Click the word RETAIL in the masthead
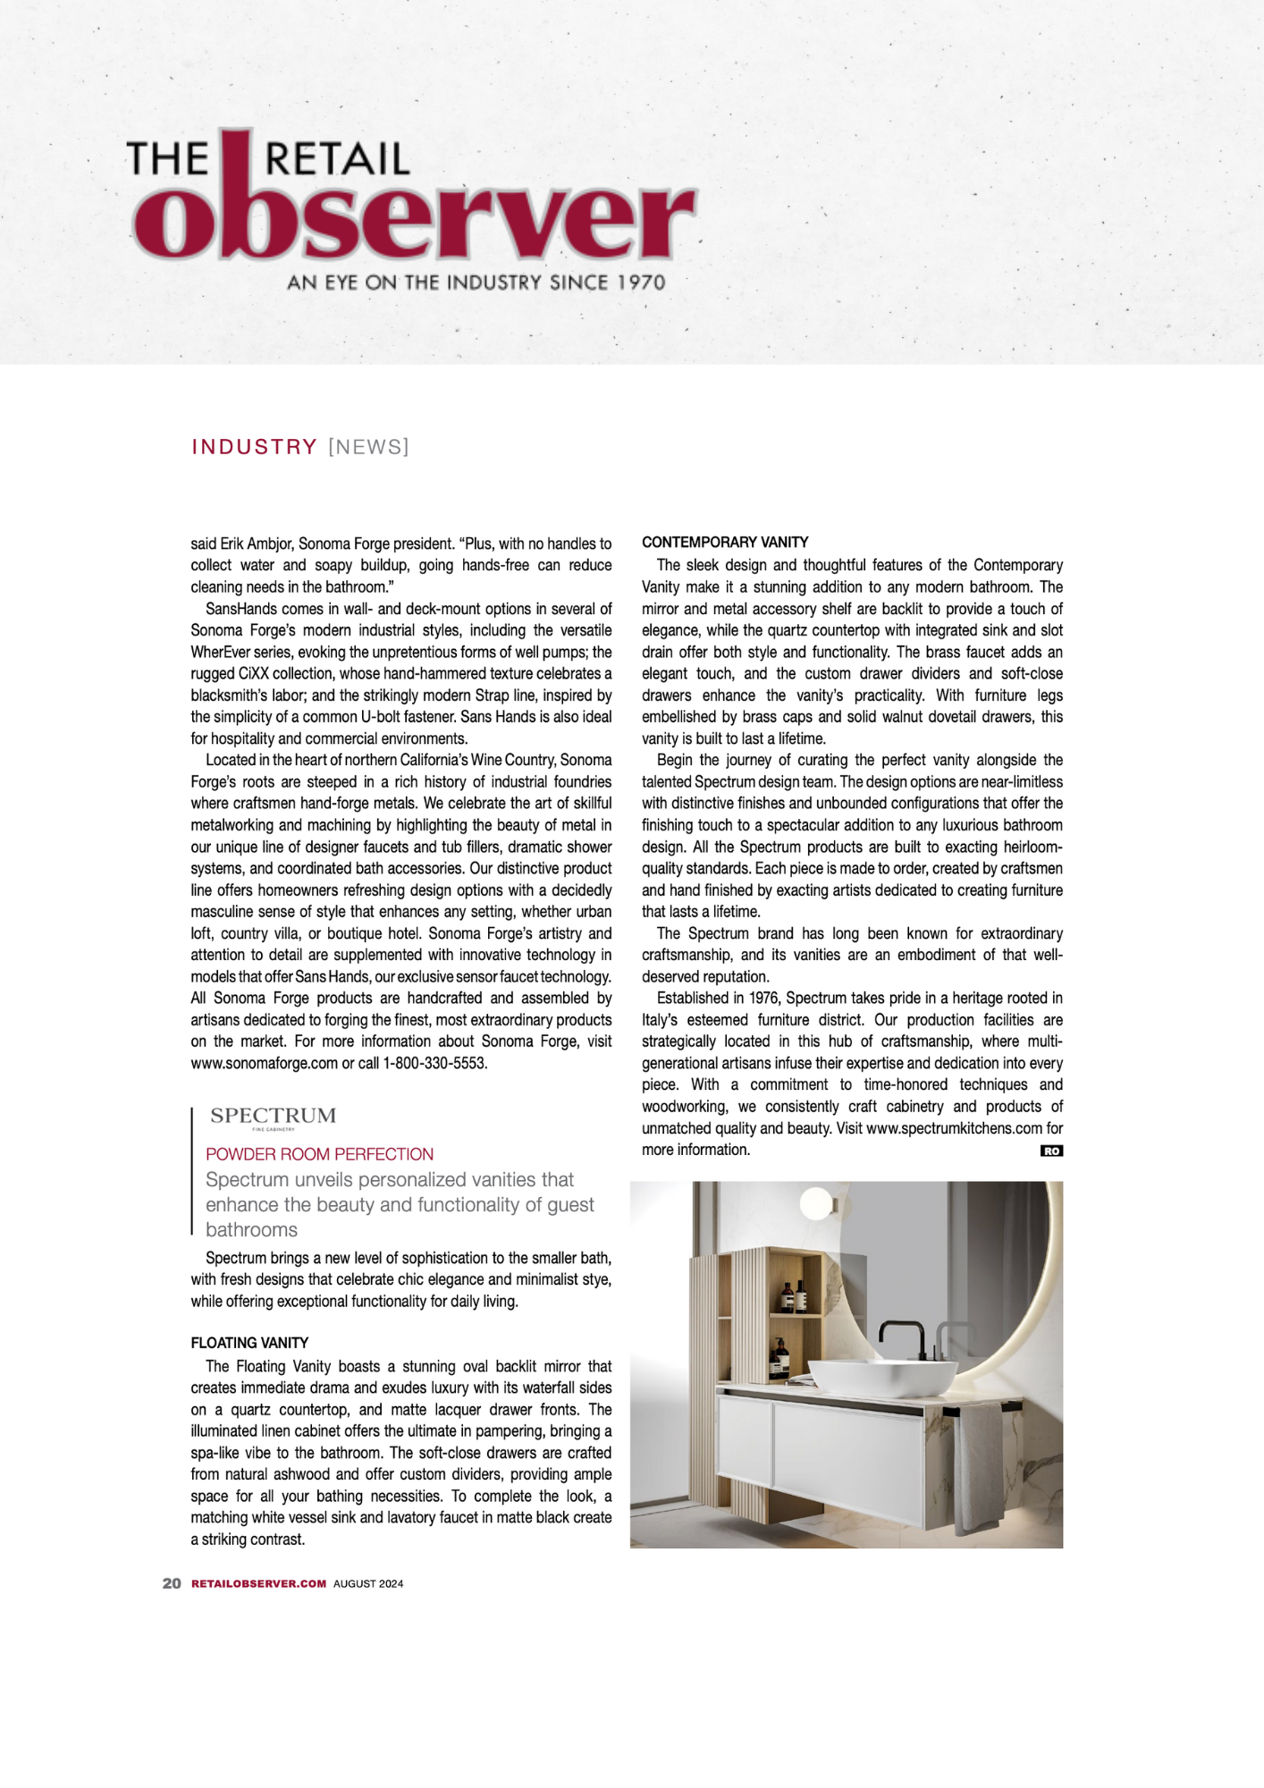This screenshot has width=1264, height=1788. point(337,159)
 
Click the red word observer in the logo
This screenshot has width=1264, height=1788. point(413,219)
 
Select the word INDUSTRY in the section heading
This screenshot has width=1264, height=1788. point(255,447)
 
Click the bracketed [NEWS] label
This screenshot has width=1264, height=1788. point(368,447)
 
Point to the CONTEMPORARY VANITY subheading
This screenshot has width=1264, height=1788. point(725,543)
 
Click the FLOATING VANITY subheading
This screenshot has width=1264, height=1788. point(249,1343)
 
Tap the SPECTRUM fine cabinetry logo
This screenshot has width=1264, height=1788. point(273,1117)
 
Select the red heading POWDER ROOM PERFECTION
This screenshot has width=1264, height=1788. point(319,1154)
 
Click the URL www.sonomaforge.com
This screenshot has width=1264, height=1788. point(264,1064)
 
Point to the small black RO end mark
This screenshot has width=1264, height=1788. point(1051,1151)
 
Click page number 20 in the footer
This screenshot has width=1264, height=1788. point(172,1583)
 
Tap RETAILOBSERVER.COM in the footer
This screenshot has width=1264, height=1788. point(258,1583)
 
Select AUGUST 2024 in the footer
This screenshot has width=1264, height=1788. point(368,1583)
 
